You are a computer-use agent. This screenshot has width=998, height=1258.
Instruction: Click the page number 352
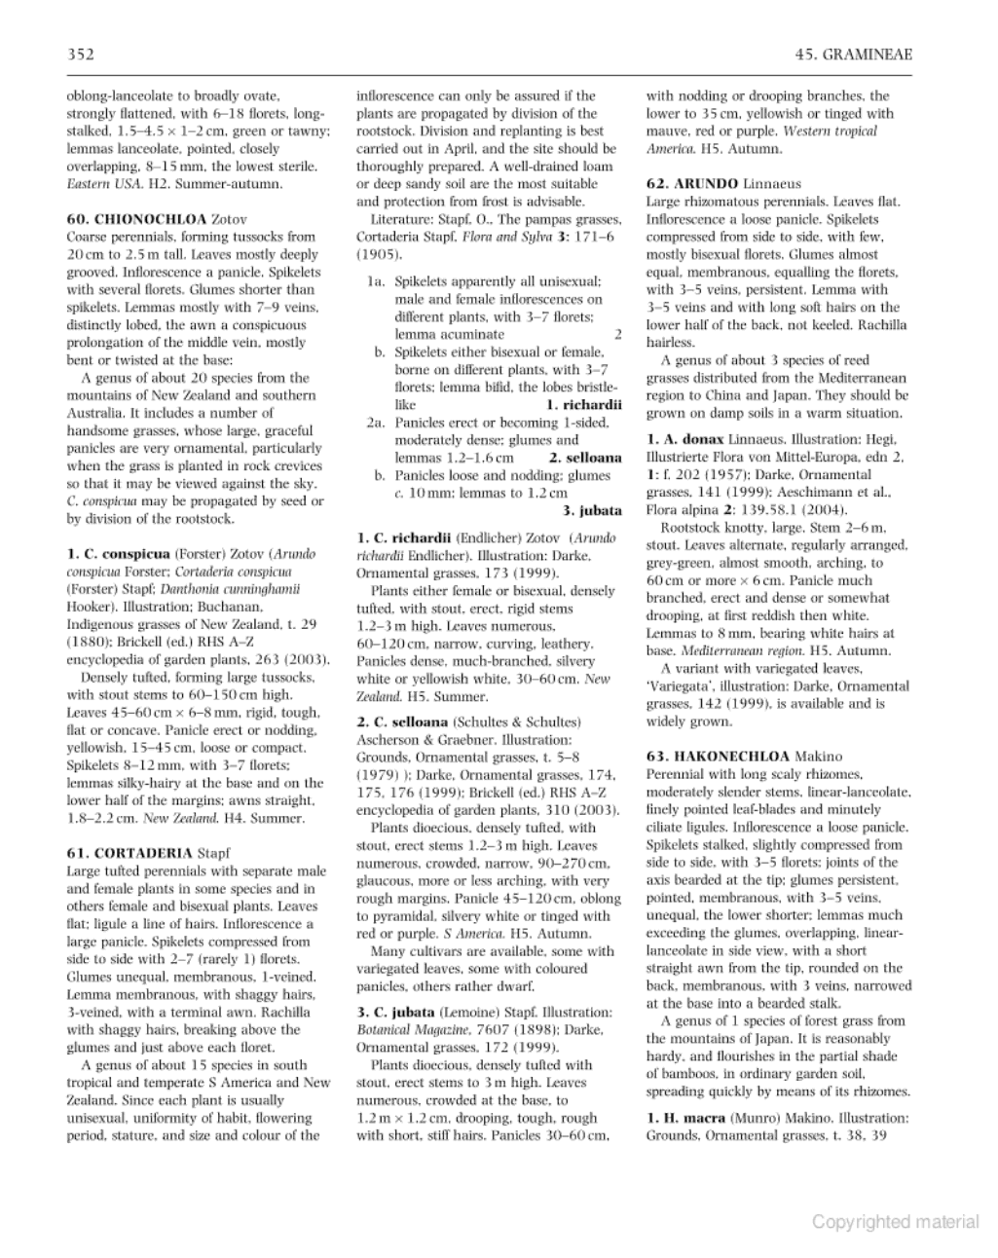click(80, 55)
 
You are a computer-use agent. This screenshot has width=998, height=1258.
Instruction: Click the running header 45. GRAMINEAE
click(853, 55)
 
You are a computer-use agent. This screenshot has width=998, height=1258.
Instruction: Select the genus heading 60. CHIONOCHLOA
click(137, 219)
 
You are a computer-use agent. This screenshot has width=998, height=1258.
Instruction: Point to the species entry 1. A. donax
click(683, 439)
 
